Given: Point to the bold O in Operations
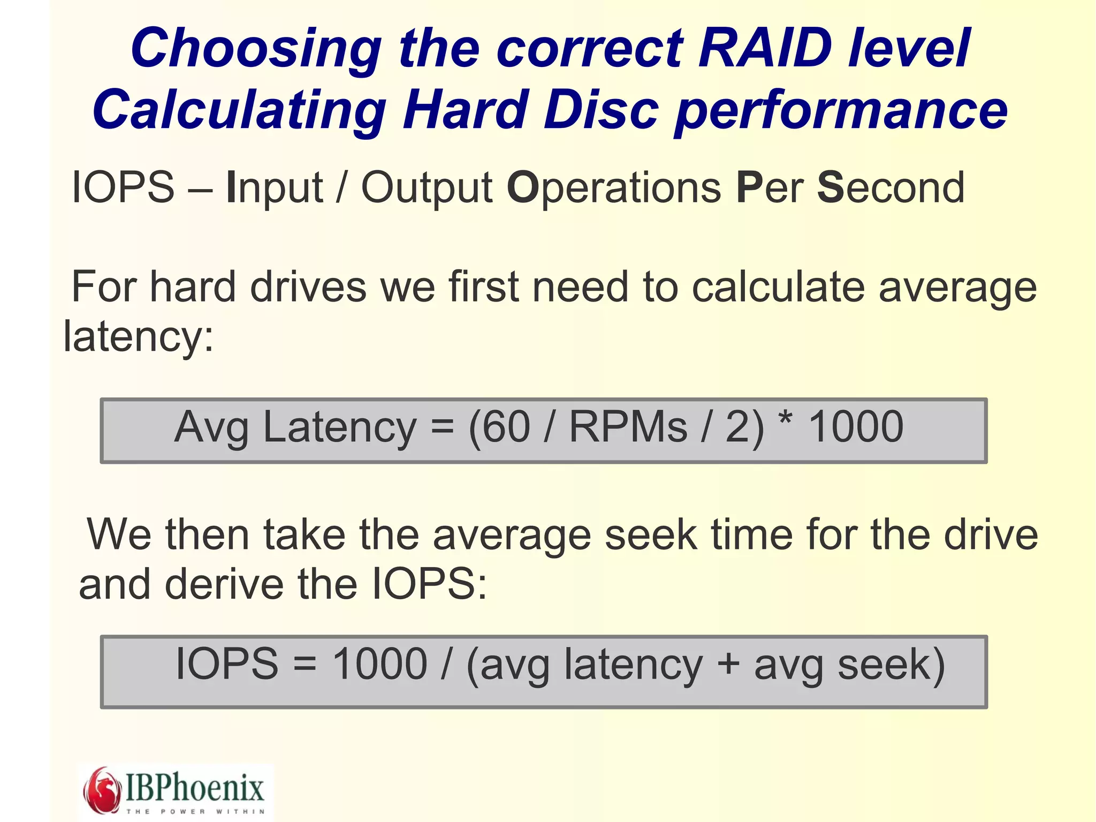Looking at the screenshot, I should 522,187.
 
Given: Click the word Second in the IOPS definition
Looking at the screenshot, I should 890,187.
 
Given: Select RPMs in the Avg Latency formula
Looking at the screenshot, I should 628,427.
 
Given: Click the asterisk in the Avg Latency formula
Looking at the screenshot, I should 785,420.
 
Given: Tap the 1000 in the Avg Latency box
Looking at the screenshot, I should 856,427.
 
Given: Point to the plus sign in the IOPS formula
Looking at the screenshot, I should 728,664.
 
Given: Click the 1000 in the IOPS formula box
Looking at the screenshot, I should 379,665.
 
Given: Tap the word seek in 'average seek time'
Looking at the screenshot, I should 651,534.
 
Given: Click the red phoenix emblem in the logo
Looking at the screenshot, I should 102,790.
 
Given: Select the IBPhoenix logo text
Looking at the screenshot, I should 195,787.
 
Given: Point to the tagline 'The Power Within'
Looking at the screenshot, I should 196,811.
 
